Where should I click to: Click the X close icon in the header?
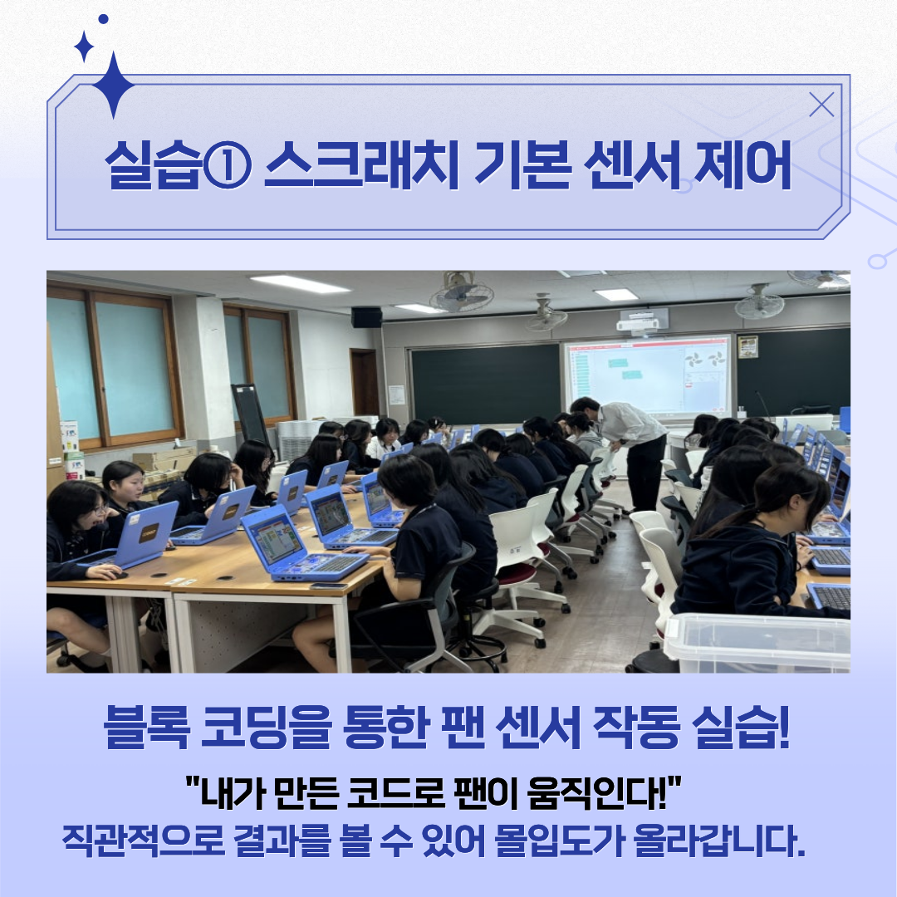pyautogui.click(x=821, y=105)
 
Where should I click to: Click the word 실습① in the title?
pyautogui.click(x=179, y=164)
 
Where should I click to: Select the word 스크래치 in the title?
pyautogui.click(x=361, y=164)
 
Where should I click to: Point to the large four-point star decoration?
pyautogui.click(x=113, y=85)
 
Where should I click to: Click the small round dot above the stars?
pyautogui.click(x=104, y=19)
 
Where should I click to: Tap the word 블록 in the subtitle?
pyautogui.click(x=146, y=727)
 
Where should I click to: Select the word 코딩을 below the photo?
pyautogui.click(x=267, y=727)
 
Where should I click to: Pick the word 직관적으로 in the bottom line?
pyautogui.click(x=144, y=841)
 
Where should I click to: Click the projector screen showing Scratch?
pyautogui.click(x=648, y=376)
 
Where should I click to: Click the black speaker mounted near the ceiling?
pyautogui.click(x=367, y=317)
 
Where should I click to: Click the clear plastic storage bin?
pyautogui.click(x=757, y=642)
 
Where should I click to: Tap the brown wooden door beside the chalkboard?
pyautogui.click(x=365, y=382)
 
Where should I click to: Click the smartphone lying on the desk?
pyautogui.click(x=328, y=586)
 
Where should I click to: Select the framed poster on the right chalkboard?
pyautogui.click(x=747, y=346)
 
